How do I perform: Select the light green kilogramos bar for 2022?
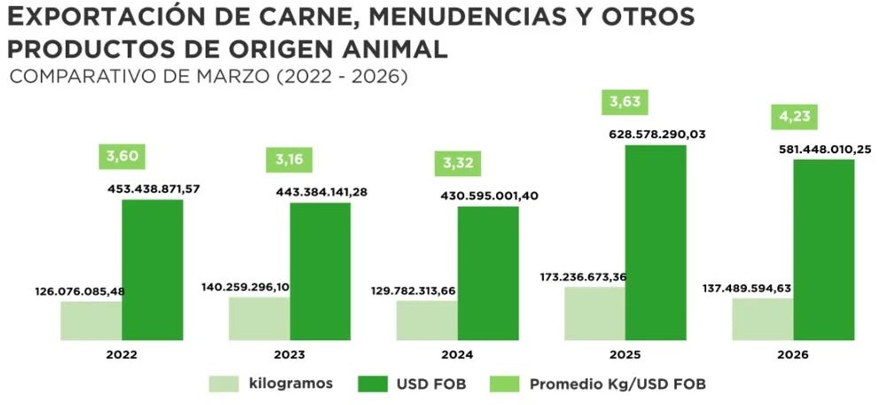coord(91,321)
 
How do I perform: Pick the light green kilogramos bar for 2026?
coord(762,319)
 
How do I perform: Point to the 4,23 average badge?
coord(793,117)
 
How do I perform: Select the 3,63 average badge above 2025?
coord(625,101)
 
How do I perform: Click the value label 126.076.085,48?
coord(80,291)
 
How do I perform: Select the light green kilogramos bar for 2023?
coord(259,318)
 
